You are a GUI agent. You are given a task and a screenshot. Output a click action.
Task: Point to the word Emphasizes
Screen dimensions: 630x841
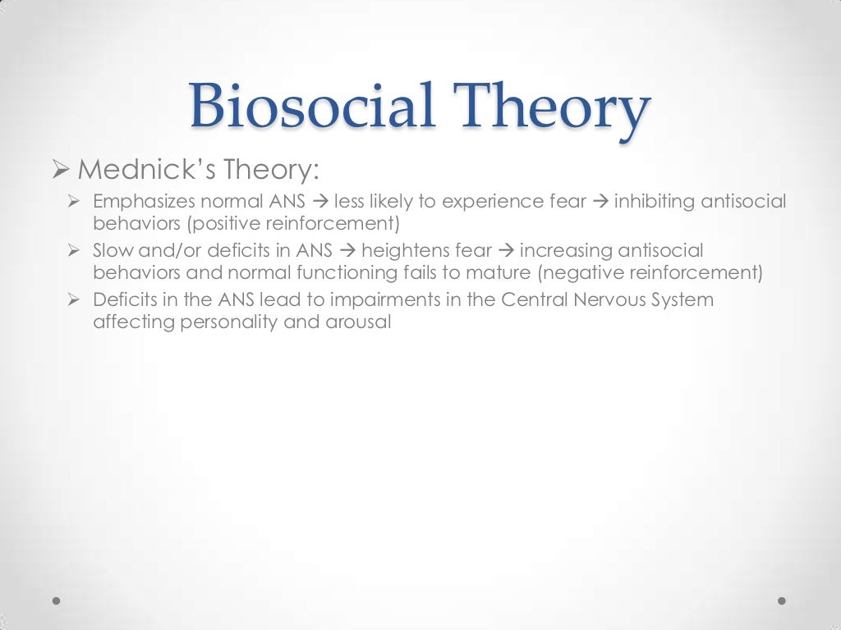pos(140,202)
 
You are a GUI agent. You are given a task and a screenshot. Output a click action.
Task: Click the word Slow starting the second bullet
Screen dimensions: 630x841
pos(109,251)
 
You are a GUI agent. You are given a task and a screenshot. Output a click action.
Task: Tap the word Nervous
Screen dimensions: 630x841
pos(609,300)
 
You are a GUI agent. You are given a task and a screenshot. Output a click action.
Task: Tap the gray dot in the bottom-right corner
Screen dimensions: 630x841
pos(782,600)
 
